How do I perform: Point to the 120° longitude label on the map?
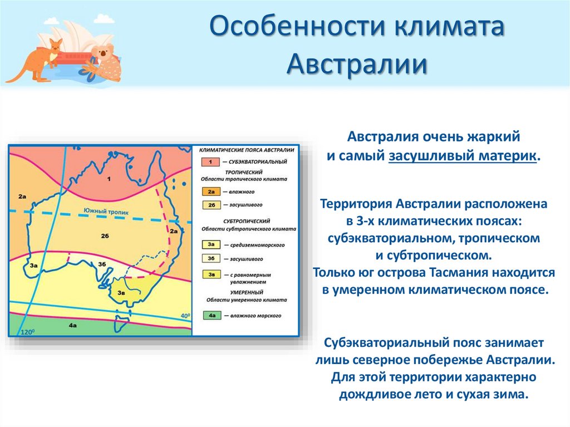pyautogui.click(x=28, y=332)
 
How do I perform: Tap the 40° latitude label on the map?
pyautogui.click(x=185, y=316)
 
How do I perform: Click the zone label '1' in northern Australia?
pyautogui.click(x=109, y=179)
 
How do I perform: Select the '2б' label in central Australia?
pyautogui.click(x=105, y=235)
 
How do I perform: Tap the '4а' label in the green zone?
pyautogui.click(x=72, y=325)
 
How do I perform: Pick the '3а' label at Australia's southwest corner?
pyautogui.click(x=33, y=266)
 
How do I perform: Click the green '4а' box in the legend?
pyautogui.click(x=212, y=316)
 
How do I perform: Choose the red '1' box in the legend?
pyautogui.click(x=212, y=161)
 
